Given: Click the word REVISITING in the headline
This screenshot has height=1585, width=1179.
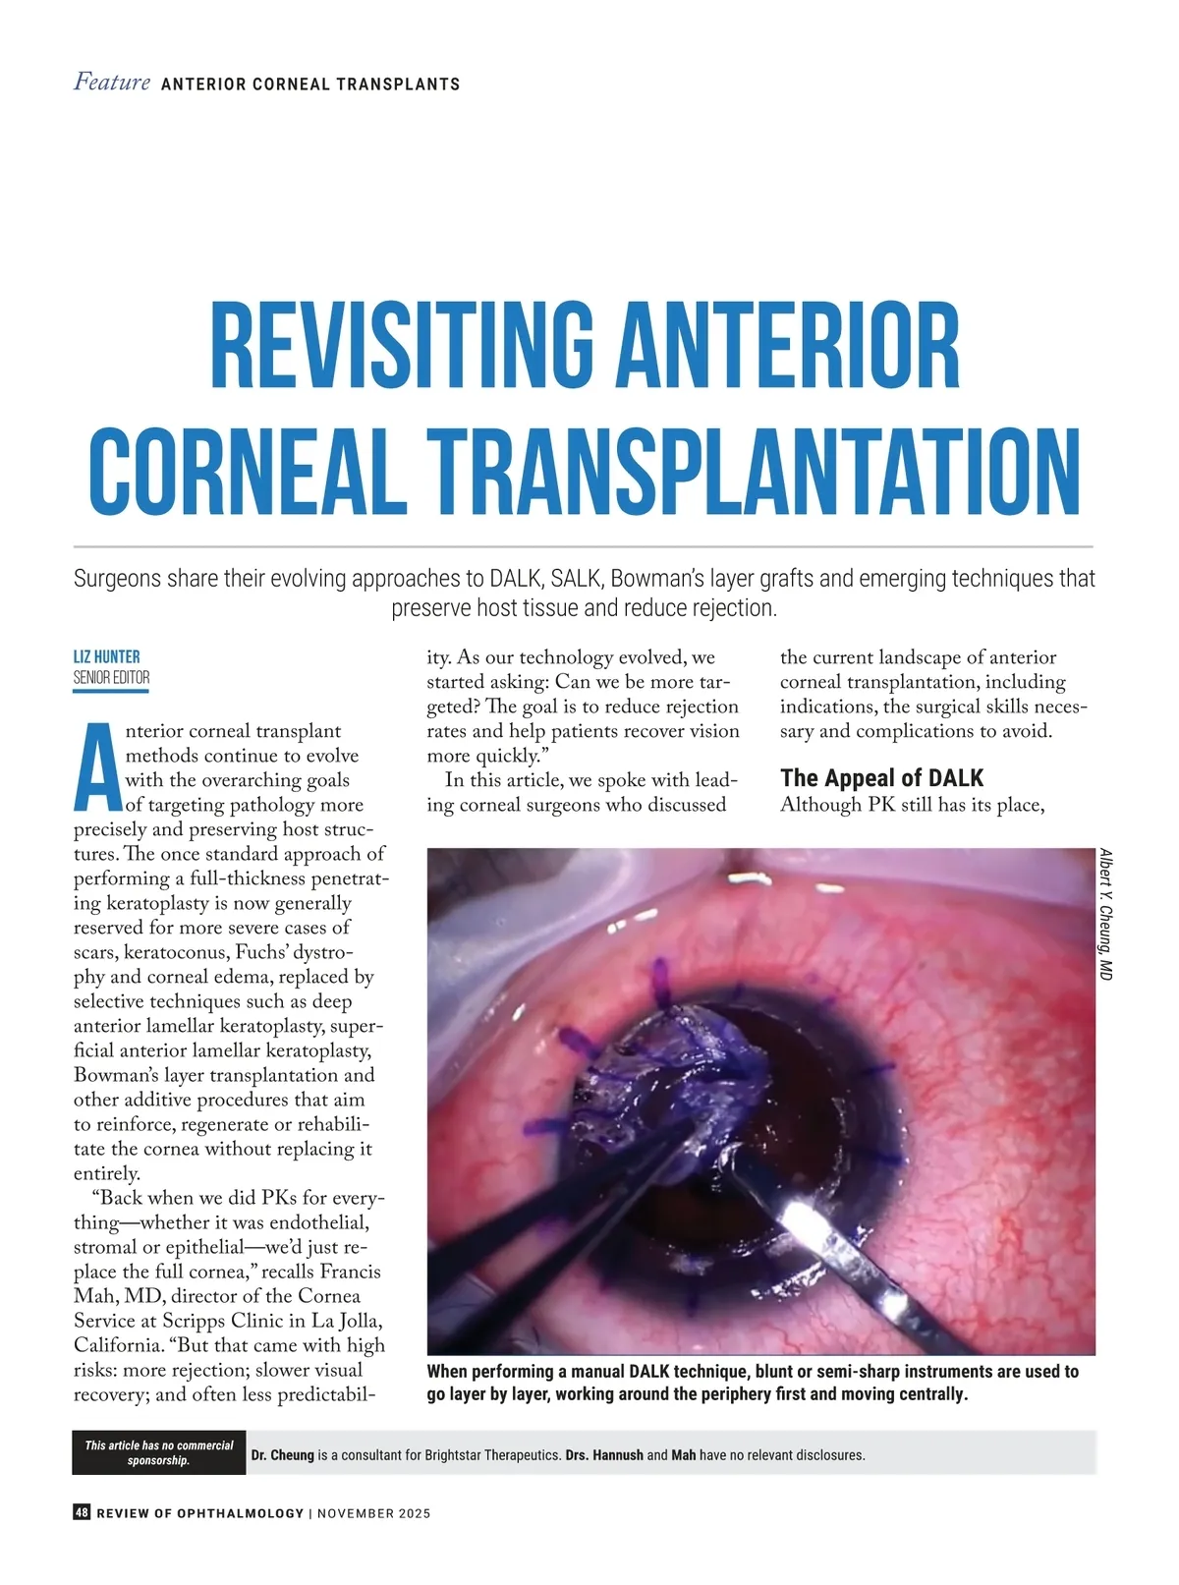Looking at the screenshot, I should tap(401, 346).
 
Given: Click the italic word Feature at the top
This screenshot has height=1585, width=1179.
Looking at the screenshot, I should tap(112, 83).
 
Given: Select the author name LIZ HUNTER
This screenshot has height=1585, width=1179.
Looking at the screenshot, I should tap(106, 656).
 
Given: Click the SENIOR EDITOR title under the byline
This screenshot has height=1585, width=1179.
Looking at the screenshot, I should tap(111, 677).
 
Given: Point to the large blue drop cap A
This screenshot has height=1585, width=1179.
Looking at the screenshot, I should tap(96, 766).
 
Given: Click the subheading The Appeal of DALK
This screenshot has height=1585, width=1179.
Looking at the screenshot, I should tap(881, 778).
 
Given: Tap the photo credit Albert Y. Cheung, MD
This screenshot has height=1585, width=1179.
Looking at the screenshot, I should tap(1105, 914).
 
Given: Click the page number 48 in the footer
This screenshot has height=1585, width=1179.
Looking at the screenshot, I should tap(82, 1512).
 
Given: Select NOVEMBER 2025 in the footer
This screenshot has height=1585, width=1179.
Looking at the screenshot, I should tap(373, 1513).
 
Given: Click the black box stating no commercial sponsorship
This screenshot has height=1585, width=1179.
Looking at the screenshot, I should tap(158, 1452).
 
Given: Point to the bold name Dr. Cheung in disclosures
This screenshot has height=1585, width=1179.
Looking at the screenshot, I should tap(282, 1454).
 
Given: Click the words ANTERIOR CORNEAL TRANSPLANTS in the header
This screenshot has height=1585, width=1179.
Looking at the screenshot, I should tap(310, 85).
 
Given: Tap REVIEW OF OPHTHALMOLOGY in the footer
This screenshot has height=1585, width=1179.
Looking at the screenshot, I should tap(200, 1513).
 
